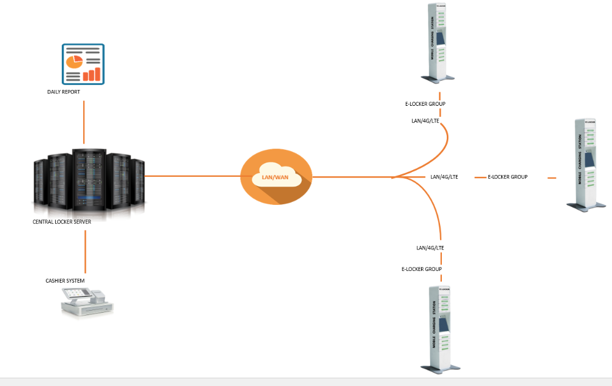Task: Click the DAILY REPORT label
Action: pyautogui.click(x=64, y=92)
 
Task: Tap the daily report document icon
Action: pyautogui.click(x=83, y=64)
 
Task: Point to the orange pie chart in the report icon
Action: pyautogui.click(x=74, y=61)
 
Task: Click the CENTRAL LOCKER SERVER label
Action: pyautogui.click(x=62, y=221)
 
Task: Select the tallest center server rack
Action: pyautogui.click(x=89, y=179)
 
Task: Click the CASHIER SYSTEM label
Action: pyautogui.click(x=65, y=281)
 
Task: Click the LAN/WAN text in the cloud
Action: pyautogui.click(x=275, y=177)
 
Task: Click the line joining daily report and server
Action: pyautogui.click(x=84, y=122)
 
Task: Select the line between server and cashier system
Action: pyautogui.click(x=86, y=252)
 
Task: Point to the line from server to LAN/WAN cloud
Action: pyautogui.click(x=193, y=176)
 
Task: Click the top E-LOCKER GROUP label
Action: pyautogui.click(x=425, y=104)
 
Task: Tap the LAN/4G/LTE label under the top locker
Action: pyautogui.click(x=425, y=121)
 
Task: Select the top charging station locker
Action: pyautogui.click(x=438, y=43)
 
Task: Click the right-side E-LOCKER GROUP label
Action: pyautogui.click(x=508, y=177)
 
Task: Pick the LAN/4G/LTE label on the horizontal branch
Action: pyautogui.click(x=444, y=177)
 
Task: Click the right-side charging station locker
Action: pyautogui.click(x=586, y=165)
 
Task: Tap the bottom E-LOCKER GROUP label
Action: pyautogui.click(x=422, y=269)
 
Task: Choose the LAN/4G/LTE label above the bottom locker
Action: pyautogui.click(x=430, y=248)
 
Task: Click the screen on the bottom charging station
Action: pyautogui.click(x=444, y=324)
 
